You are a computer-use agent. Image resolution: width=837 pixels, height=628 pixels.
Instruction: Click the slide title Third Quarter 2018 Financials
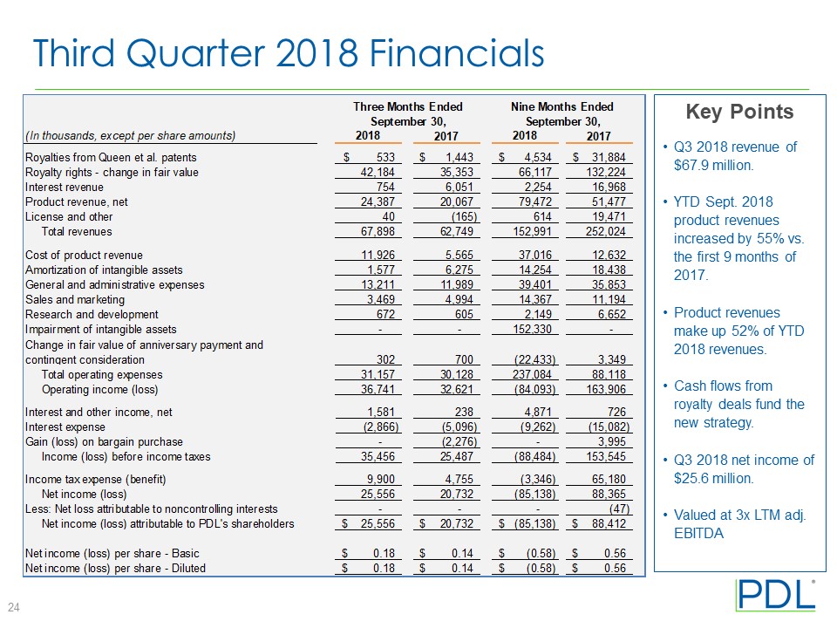[289, 54]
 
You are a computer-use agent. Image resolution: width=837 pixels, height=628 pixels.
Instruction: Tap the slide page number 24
[15, 607]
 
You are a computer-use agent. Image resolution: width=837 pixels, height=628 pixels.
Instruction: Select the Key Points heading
[739, 112]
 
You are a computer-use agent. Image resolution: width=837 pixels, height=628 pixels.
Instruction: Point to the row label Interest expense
[65, 427]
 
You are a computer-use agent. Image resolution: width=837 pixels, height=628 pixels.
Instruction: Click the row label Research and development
[92, 314]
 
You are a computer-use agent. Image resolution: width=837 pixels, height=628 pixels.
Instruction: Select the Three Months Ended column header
[408, 106]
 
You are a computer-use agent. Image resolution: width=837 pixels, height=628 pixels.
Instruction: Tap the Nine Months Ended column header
[561, 106]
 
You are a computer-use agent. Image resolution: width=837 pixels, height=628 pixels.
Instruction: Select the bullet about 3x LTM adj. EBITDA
[739, 524]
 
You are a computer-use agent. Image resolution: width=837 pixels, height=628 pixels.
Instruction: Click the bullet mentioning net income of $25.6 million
[743, 468]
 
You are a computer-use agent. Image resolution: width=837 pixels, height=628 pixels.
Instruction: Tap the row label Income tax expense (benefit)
[95, 479]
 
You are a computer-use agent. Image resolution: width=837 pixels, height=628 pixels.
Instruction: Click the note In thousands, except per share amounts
[131, 135]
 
